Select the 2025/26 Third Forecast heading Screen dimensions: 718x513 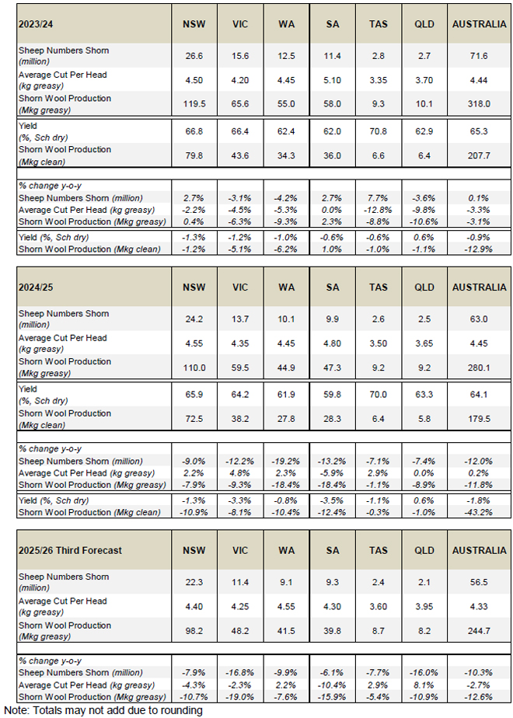(x=72, y=551)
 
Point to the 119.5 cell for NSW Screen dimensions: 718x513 (x=194, y=104)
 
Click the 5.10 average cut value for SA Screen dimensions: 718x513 (x=337, y=79)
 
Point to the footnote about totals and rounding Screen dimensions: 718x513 (x=103, y=709)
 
